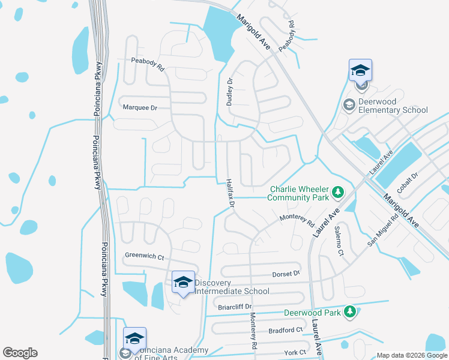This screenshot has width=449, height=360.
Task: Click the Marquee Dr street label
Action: point(139,107)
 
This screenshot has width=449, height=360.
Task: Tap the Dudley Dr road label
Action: point(229,92)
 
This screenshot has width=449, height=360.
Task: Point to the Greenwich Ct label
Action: point(144,256)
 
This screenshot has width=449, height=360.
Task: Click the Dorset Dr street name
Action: point(286,274)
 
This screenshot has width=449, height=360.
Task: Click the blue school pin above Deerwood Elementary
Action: point(360,70)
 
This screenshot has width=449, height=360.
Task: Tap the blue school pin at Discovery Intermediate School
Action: point(182,283)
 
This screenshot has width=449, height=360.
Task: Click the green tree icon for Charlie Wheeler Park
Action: point(339,191)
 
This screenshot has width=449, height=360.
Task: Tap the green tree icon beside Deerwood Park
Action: point(349,311)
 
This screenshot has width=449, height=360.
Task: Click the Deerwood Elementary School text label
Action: point(393,106)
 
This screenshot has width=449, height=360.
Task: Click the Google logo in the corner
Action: point(20,353)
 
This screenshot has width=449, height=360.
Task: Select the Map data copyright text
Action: point(411,355)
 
